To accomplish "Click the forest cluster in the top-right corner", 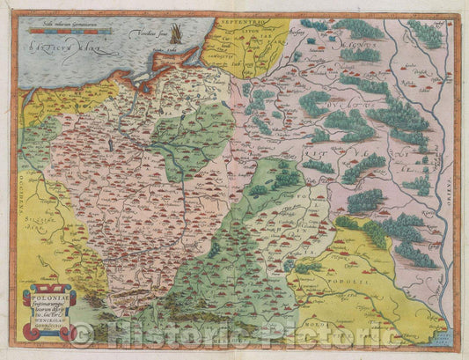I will pos(426,35).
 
